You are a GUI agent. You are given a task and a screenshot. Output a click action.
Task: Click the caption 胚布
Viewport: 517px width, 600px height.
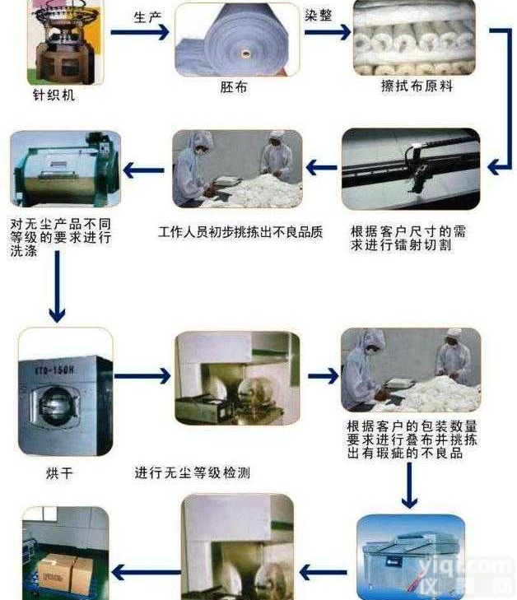(234, 86)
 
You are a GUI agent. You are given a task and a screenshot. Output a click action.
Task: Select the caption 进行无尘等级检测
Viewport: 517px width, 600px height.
(192, 473)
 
